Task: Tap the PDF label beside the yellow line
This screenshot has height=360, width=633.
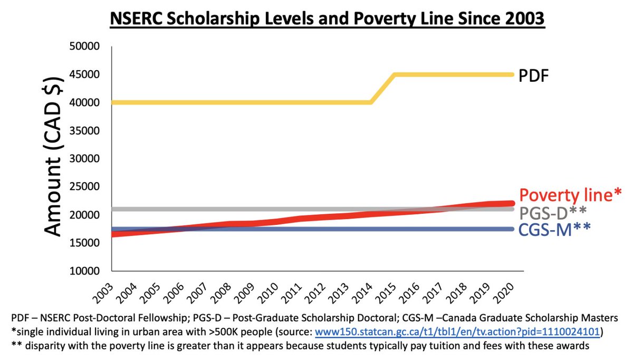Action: tap(533, 75)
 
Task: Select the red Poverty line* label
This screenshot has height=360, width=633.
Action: tap(571, 195)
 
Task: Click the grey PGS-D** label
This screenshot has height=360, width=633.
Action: tap(553, 213)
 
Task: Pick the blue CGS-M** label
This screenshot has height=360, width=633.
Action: tap(554, 230)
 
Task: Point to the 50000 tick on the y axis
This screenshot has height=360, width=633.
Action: tap(85, 46)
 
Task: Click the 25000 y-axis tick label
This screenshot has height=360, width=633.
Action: tap(85, 187)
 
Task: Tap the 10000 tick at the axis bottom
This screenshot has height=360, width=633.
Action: tap(85, 271)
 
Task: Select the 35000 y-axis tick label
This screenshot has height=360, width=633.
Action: tap(85, 131)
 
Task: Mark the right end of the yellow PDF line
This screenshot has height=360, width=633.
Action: tap(512, 74)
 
